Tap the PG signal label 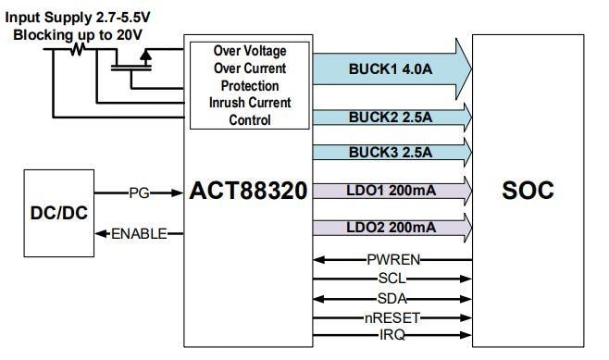[140, 193]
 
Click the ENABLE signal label [140, 233]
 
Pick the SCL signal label [393, 279]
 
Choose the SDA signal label [393, 297]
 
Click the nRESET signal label [393, 317]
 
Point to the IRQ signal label [393, 333]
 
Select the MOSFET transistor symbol [135, 61]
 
